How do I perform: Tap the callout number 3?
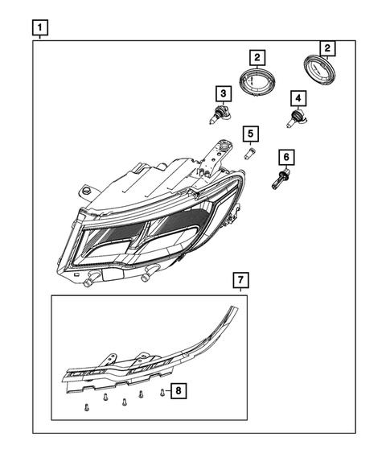(220, 94)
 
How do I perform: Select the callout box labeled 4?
(298, 99)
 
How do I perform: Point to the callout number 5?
(251, 133)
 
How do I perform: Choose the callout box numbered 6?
(285, 157)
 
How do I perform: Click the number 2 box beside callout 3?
(256, 57)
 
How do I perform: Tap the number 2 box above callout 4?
(327, 47)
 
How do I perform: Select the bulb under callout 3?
(217, 115)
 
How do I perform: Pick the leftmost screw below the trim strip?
(85, 408)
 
